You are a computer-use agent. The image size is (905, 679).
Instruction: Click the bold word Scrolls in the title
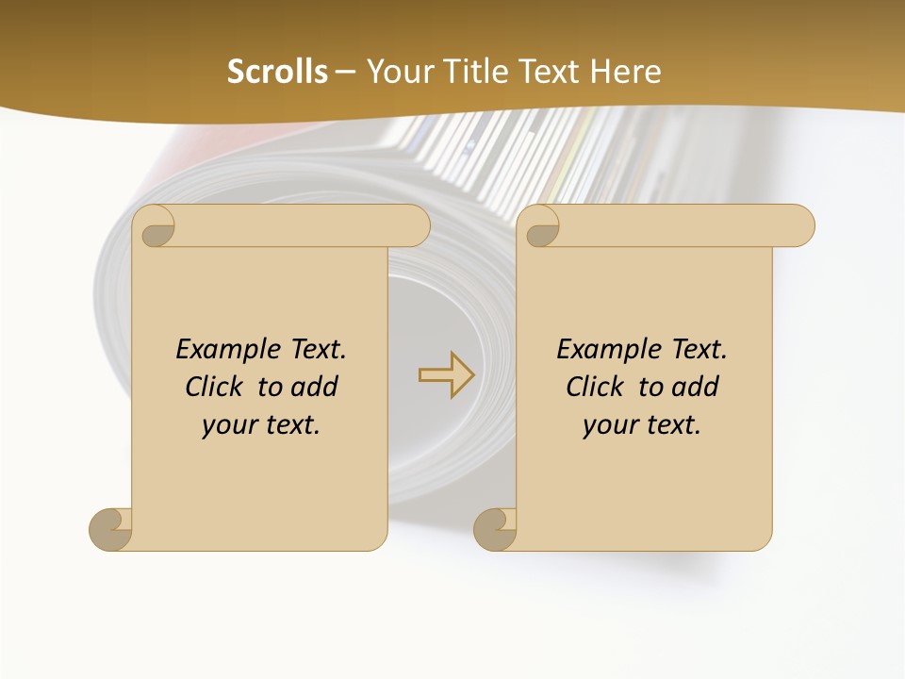pyautogui.click(x=277, y=72)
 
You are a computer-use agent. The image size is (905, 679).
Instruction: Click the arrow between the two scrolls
pyautogui.click(x=446, y=374)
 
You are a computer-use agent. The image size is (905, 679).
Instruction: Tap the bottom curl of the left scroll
pyautogui.click(x=111, y=529)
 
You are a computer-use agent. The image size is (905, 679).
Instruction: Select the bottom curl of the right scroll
pyautogui.click(x=496, y=529)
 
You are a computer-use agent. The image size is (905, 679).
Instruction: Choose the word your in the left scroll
pyautogui.click(x=226, y=425)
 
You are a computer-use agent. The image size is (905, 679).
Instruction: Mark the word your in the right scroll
pyautogui.click(x=607, y=425)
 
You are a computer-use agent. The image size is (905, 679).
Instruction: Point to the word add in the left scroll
pyautogui.click(x=314, y=387)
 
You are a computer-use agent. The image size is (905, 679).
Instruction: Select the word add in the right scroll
pyautogui.click(x=695, y=387)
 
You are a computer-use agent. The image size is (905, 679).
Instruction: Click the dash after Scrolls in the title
pyautogui.click(x=345, y=73)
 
